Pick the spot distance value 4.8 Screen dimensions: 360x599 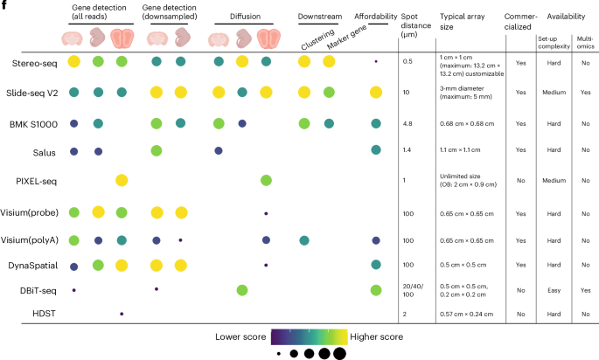click(x=407, y=124)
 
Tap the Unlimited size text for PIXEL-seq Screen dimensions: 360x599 click(x=460, y=176)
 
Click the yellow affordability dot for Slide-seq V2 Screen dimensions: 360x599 click(x=375, y=92)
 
